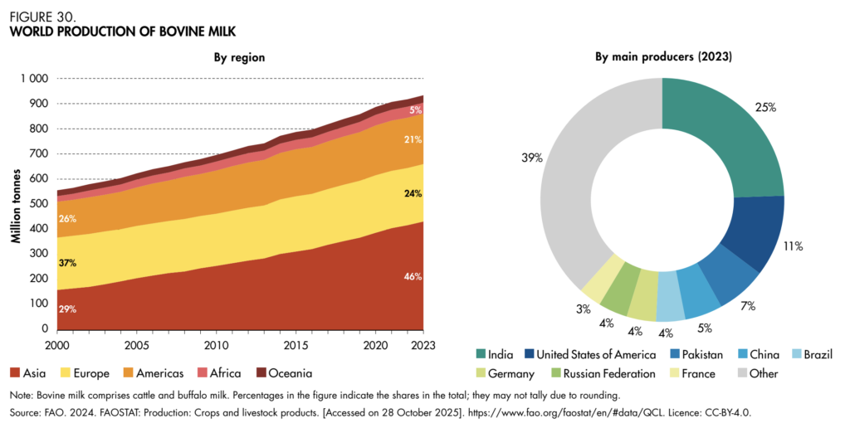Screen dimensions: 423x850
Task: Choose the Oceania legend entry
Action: coord(278,373)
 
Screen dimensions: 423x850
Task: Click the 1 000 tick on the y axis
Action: coord(35,79)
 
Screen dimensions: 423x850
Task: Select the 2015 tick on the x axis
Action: coord(295,344)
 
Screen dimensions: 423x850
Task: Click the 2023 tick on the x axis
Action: coord(423,344)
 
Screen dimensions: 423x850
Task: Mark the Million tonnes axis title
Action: coord(16,204)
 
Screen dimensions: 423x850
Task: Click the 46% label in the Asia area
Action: coord(413,276)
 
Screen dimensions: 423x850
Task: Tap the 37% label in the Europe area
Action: coord(67,263)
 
